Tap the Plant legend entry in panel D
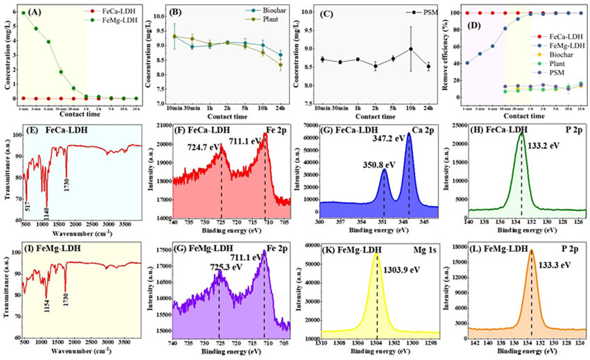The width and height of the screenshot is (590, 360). (x=546, y=69)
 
